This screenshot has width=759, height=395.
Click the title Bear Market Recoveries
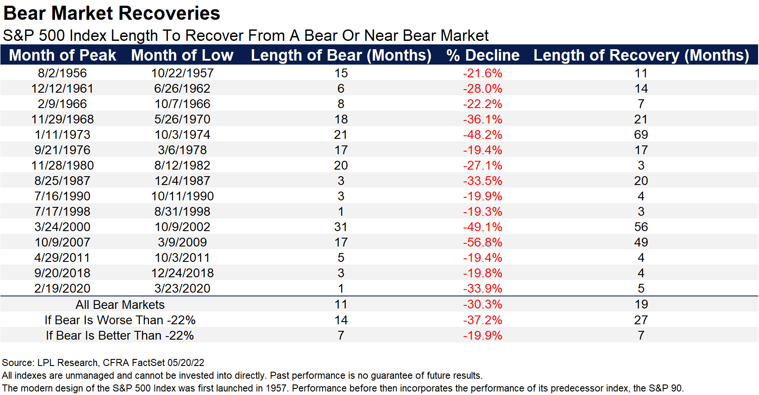pos(112,13)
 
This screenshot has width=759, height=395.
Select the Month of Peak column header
pos(62,55)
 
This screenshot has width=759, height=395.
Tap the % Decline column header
pos(483,55)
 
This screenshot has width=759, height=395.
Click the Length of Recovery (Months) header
pos(641,55)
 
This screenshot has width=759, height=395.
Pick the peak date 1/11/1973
pos(62,134)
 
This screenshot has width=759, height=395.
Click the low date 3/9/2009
pos(182,242)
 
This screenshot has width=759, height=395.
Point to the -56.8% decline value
pos(482,242)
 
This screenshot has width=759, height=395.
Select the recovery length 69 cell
pos(641,134)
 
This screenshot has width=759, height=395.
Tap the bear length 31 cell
pos(341,227)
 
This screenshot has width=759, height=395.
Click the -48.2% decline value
pos(482,134)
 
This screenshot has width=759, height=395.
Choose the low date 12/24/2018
pos(182,273)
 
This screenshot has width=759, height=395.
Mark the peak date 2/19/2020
pos(62,288)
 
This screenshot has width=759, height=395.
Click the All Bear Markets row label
pos(120,304)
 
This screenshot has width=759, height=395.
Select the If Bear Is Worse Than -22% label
pos(120,320)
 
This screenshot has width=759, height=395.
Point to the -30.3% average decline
pos(482,304)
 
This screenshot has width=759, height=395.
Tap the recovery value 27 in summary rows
pos(641,320)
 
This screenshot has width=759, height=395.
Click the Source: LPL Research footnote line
pos(103,362)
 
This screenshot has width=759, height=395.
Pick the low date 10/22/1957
pos(182,73)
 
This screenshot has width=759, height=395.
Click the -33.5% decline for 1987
pos(482,181)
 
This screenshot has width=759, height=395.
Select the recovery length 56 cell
pos(641,227)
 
